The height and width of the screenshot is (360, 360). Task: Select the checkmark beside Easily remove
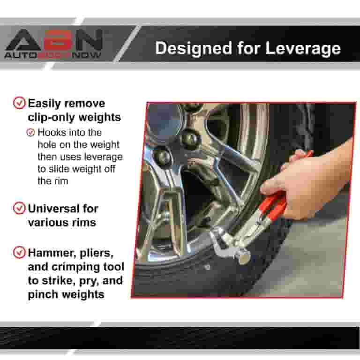pos(19,103)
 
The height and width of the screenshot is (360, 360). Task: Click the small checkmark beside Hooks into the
pos(31,133)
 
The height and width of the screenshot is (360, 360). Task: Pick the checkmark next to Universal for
pos(19,208)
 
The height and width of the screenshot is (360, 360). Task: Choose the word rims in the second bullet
pos(84,222)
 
